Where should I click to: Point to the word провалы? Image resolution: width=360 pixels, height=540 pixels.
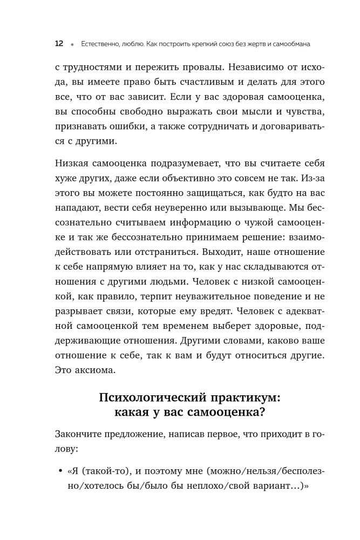point(192,69)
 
